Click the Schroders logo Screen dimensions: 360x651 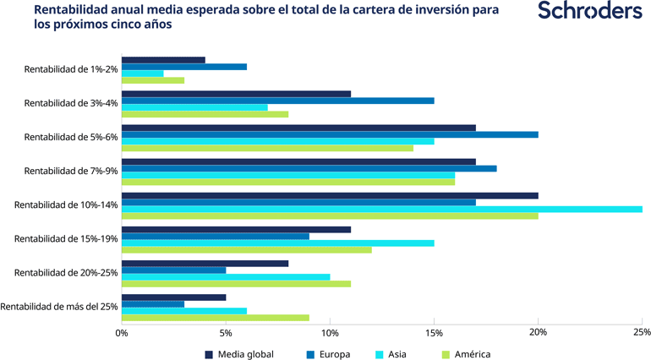coord(589,12)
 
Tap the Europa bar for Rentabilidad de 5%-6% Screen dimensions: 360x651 coord(330,134)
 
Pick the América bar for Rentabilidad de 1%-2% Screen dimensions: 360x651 coord(153,80)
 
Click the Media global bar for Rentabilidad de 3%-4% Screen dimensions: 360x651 coord(236,94)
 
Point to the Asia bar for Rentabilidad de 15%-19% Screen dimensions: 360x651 coord(277,243)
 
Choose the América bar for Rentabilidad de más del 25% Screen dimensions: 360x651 coord(216,318)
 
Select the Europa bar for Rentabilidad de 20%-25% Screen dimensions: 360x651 coord(174,270)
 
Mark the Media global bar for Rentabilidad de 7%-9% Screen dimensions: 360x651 coord(298,161)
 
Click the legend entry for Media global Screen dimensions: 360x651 coord(239,354)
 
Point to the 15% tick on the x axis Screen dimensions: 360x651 coord(434,332)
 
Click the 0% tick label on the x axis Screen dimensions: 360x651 coord(122,332)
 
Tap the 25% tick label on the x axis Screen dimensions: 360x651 coord(642,332)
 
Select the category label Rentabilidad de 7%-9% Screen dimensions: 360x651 coord(71,171)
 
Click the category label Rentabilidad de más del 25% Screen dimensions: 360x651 coord(60,306)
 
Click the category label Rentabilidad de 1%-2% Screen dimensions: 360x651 coord(71,69)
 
